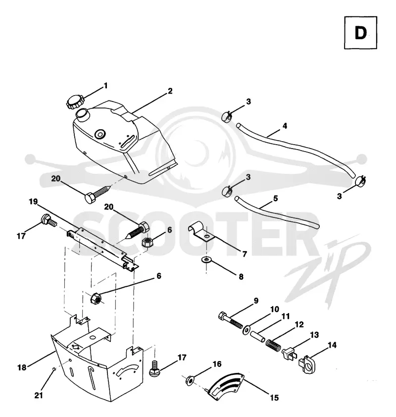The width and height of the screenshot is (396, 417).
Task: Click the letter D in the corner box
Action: coord(360,33)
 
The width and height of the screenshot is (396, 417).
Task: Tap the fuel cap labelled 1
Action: coord(75,103)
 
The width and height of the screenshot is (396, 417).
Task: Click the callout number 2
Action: coord(170,91)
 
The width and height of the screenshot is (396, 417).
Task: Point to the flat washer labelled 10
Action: coord(247,330)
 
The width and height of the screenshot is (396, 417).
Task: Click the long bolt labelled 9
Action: coord(230,320)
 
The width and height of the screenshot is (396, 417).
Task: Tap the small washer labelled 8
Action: coord(206,260)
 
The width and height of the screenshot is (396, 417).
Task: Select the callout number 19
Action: coord(33,202)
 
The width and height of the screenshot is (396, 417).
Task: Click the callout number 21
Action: coord(39,396)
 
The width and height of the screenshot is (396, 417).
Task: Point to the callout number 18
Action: coord(22,367)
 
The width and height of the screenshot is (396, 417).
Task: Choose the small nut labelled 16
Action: coord(190,380)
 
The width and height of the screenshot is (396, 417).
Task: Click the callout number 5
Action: coord(276,199)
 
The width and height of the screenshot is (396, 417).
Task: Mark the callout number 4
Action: coord(285,126)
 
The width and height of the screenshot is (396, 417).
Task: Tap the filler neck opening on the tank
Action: coord(82,113)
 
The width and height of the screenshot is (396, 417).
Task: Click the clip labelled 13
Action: coord(289,353)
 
